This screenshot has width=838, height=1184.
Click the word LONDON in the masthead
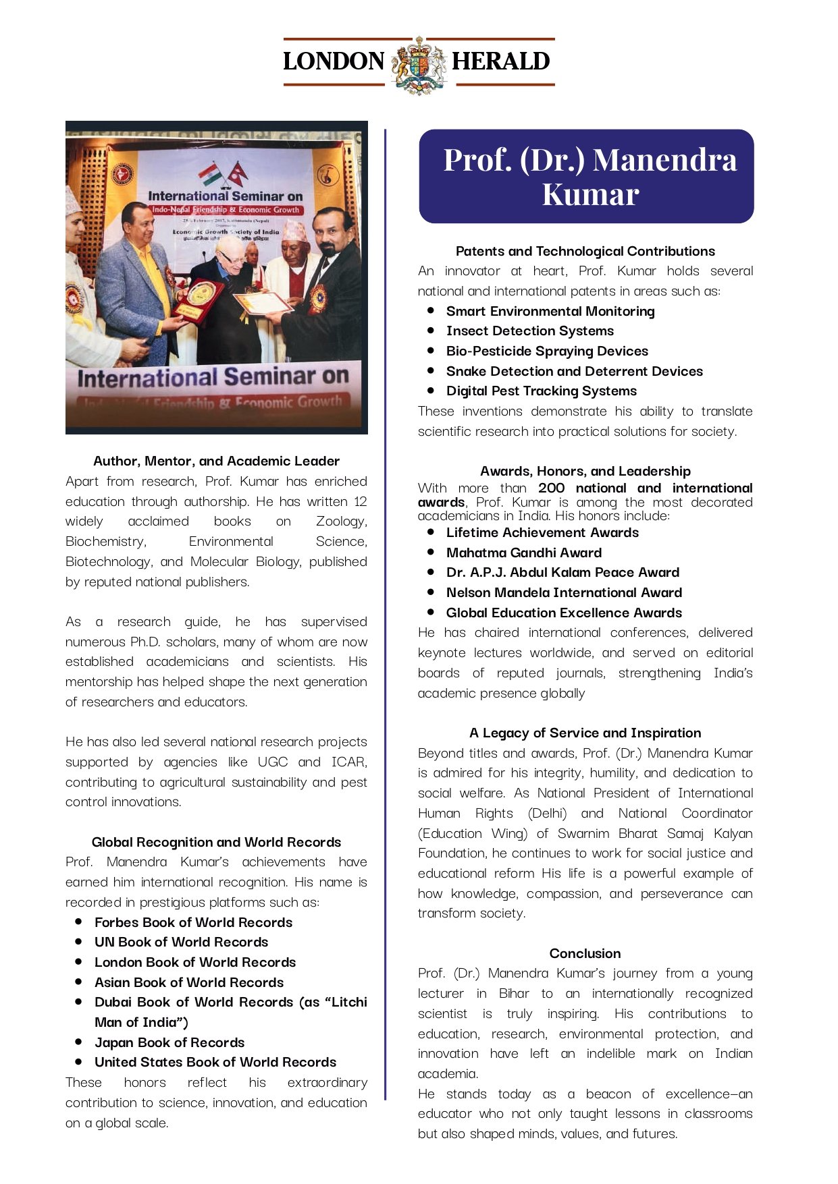334,61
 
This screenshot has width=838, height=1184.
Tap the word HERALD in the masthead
500,61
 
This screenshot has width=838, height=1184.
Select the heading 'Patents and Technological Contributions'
585,251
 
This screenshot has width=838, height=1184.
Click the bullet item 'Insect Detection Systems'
529,331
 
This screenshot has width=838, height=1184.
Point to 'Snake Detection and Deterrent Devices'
574,371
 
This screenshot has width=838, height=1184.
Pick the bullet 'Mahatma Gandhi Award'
523,553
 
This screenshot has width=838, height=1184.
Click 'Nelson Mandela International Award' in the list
564,592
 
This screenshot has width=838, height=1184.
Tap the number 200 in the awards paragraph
552,488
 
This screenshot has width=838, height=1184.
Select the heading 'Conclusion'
585,953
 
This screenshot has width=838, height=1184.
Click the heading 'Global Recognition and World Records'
216,842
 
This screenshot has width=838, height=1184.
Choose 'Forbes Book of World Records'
193,922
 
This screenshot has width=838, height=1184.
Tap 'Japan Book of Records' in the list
169,1042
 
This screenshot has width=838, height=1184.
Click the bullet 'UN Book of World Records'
181,942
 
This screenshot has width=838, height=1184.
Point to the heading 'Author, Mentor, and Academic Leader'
216,461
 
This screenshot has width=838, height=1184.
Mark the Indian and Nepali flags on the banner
224,174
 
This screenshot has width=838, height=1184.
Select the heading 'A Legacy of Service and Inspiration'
585,733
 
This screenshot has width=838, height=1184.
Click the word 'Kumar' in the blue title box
590,195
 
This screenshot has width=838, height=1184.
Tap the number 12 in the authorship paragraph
361,501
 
